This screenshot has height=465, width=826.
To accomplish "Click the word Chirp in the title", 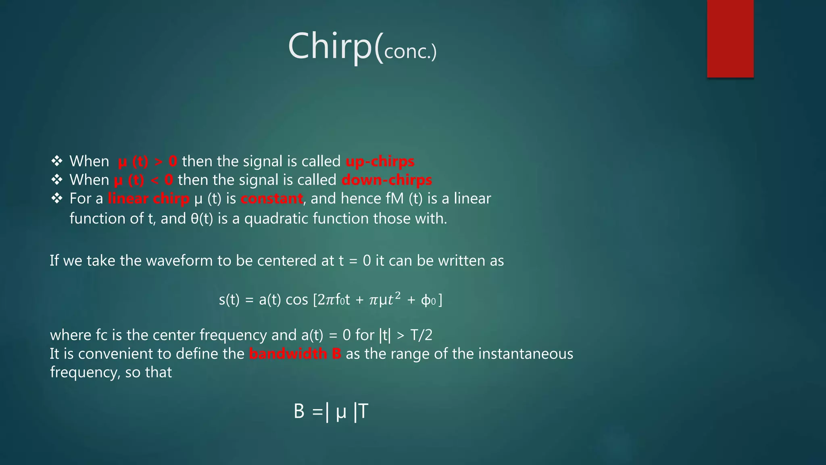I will (330, 46).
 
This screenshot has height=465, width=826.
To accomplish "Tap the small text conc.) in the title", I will (410, 52).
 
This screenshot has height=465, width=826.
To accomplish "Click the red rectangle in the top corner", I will (730, 38).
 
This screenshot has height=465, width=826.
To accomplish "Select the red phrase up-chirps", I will (380, 161).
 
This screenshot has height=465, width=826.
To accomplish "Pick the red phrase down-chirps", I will (387, 180).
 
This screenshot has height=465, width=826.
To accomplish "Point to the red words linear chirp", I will (148, 199).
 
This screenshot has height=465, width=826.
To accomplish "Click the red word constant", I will (272, 199).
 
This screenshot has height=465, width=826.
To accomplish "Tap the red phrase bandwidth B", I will (295, 354).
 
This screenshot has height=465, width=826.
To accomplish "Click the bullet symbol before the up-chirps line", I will (57, 161).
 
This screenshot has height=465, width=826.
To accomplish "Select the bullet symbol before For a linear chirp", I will (57, 198).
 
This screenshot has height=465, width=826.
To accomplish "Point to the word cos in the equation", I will (296, 300).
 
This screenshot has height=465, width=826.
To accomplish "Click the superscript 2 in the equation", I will (398, 296).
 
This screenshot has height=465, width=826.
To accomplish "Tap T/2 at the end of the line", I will (421, 335).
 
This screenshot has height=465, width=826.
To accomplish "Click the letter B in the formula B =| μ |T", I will (299, 412).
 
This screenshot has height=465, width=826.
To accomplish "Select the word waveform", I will (179, 261).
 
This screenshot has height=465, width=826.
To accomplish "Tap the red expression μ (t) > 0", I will (147, 161).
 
